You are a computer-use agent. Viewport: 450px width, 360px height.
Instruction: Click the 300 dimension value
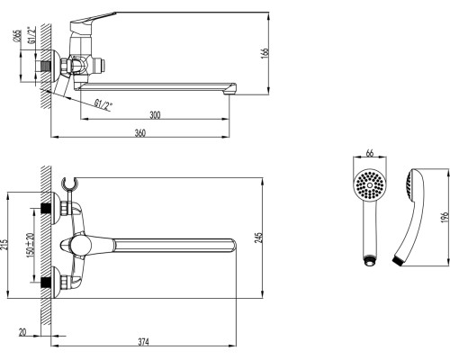(x=155, y=115)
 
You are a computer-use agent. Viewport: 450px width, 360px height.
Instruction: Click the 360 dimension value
(x=140, y=133)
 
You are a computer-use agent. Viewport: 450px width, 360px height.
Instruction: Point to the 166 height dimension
(x=265, y=53)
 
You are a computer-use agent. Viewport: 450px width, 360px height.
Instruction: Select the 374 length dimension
(x=143, y=342)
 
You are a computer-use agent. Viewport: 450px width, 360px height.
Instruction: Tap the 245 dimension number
(x=258, y=237)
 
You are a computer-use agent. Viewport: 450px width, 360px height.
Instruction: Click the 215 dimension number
(x=4, y=245)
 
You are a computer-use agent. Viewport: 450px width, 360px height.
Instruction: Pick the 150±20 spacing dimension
(x=31, y=244)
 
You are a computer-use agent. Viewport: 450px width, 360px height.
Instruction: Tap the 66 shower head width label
(x=370, y=153)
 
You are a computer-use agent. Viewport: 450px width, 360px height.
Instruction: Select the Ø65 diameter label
(x=17, y=36)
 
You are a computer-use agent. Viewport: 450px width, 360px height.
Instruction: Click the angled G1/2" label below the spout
(x=103, y=105)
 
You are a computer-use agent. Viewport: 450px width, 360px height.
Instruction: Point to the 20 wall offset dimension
(x=22, y=332)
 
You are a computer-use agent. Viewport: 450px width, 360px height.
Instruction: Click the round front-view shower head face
(x=370, y=185)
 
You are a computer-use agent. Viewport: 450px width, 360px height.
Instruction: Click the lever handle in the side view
(x=93, y=21)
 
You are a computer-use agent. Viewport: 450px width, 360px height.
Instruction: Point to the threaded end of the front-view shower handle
(x=370, y=260)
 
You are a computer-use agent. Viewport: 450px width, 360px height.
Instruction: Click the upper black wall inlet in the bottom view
(x=46, y=208)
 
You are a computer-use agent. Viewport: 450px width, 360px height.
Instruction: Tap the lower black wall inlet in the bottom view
(x=46, y=282)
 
